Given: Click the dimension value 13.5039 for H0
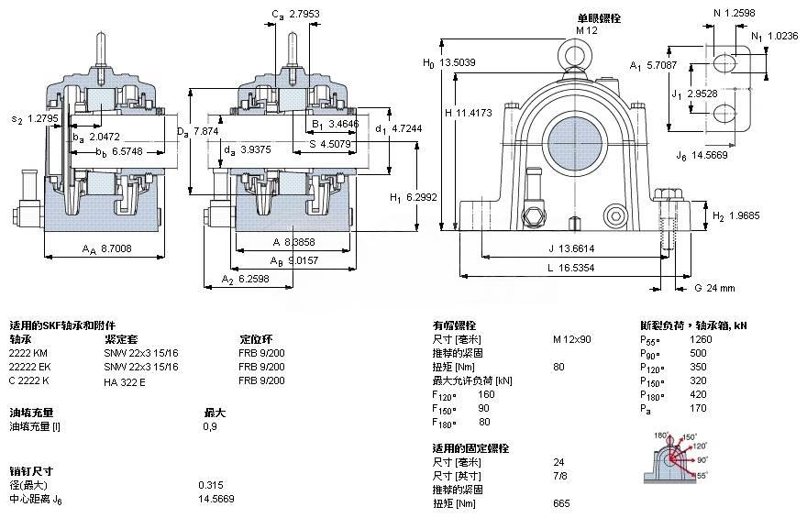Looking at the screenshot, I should point(459,63).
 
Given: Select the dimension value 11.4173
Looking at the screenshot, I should point(476,113).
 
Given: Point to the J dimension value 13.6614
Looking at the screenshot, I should point(577,248).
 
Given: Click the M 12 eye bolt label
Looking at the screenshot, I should point(587,30).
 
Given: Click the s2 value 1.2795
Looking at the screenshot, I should point(43,118).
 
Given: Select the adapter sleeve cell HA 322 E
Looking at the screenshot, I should point(126,381).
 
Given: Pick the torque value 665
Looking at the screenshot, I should point(561,503).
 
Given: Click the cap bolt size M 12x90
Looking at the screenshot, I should point(571,339).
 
